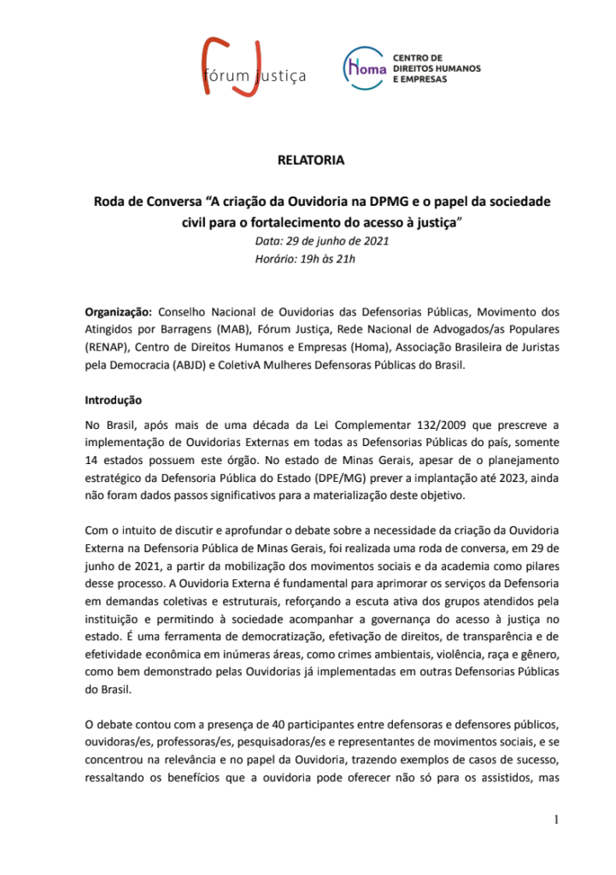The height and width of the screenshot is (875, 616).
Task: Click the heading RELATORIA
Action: (311, 160)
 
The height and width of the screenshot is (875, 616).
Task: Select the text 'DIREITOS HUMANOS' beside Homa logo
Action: (436, 67)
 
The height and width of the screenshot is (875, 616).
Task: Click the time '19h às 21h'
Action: (330, 258)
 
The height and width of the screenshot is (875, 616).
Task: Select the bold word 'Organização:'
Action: (119, 312)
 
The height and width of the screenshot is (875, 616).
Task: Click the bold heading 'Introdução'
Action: (113, 400)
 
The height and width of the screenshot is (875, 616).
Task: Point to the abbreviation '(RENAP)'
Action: (109, 348)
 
